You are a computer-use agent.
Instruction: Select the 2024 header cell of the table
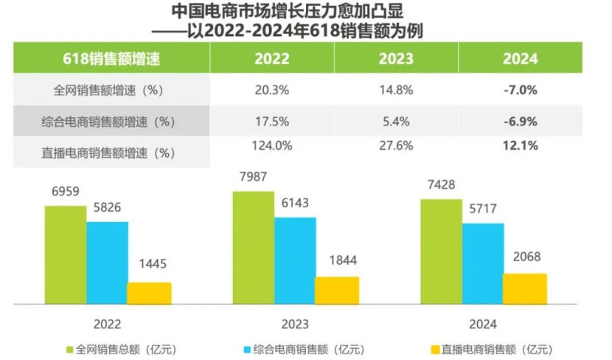tap(520, 60)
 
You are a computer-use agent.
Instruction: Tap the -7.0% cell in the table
tap(520, 91)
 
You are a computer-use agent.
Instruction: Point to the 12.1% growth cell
tap(520, 146)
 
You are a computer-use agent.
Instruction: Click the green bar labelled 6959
tap(66, 255)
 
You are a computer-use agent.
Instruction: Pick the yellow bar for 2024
tap(524, 288)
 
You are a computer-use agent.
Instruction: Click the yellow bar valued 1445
tap(149, 293)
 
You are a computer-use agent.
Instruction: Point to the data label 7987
tap(253, 178)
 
